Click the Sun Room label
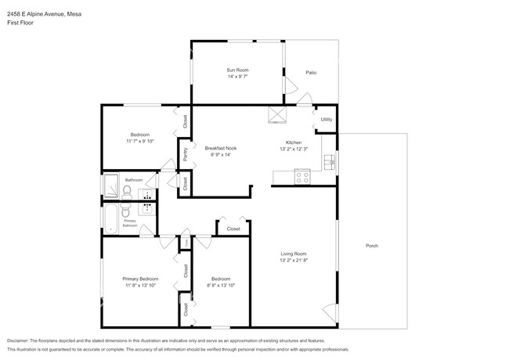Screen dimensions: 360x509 pyautogui.click(x=236, y=70)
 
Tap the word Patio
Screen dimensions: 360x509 pyautogui.click(x=311, y=73)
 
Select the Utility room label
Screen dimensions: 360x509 pyautogui.click(x=327, y=120)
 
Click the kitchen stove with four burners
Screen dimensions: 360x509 pyautogui.click(x=302, y=178)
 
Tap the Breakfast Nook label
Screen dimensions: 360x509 pyautogui.click(x=221, y=148)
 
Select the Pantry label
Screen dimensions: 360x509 pyautogui.click(x=185, y=154)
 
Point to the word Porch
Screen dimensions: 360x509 pyautogui.click(x=372, y=247)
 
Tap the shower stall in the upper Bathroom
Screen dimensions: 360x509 pyautogui.click(x=110, y=188)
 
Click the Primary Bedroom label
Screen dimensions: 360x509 pyautogui.click(x=140, y=279)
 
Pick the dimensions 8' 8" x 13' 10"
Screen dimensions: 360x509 pyautogui.click(x=221, y=286)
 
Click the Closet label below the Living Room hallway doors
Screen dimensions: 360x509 pyautogui.click(x=233, y=229)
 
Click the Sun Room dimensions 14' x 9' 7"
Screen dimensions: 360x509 pyautogui.click(x=236, y=77)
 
